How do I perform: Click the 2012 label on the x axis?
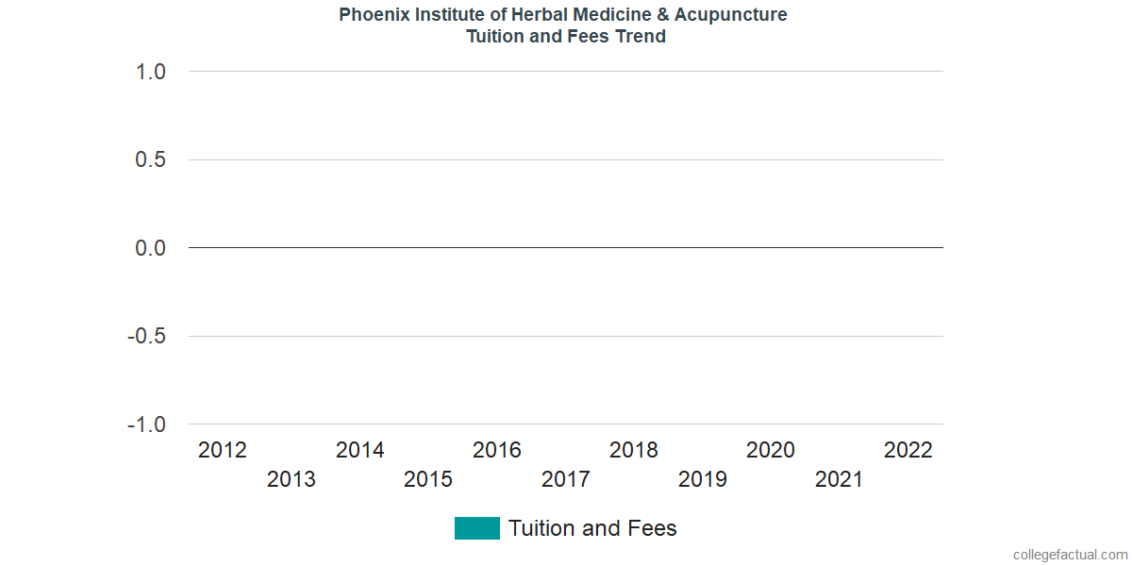coord(223,450)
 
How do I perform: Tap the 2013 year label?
coord(291,479)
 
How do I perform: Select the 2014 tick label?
coord(360,450)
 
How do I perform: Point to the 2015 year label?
coord(428,479)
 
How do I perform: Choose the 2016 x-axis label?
coord(497,450)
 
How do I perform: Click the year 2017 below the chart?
coord(566,479)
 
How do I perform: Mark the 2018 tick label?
coord(634,450)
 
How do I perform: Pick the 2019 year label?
coord(703,479)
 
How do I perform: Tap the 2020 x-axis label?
coord(771,450)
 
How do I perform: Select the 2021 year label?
coord(840,479)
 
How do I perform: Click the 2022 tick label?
coord(908,450)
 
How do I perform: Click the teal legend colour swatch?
coord(477,528)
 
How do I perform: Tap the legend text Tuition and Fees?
coord(592,528)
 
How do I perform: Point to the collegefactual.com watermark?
coord(1070,555)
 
